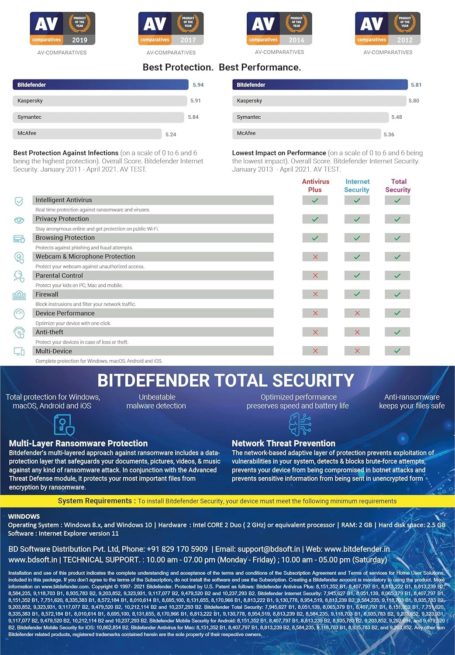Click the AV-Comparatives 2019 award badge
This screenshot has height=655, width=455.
pos(62,29)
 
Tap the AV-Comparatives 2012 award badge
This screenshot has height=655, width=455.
pos(388,29)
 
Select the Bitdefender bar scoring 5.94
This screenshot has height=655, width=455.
pos(100,85)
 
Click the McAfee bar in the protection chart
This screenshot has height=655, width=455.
pos(87,134)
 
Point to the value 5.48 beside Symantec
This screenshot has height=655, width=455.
pos(396,117)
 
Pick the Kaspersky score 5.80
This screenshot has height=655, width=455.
pos(414,101)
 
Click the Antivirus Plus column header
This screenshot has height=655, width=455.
pos(315,186)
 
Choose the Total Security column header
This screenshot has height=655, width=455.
pos(398,186)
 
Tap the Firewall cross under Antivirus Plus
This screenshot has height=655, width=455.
pos(315,294)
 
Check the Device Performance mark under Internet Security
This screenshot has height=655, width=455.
pos(357,313)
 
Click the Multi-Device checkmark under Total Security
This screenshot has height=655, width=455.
pos(397,351)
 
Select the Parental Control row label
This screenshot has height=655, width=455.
pos(59,276)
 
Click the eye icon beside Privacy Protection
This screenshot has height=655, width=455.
pos(19,220)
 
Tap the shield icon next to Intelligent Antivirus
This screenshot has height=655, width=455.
pos(19,201)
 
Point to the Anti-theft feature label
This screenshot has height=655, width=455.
pos(49,332)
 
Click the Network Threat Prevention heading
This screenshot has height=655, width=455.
pos(283,443)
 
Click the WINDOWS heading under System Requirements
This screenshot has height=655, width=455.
pos(24,517)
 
